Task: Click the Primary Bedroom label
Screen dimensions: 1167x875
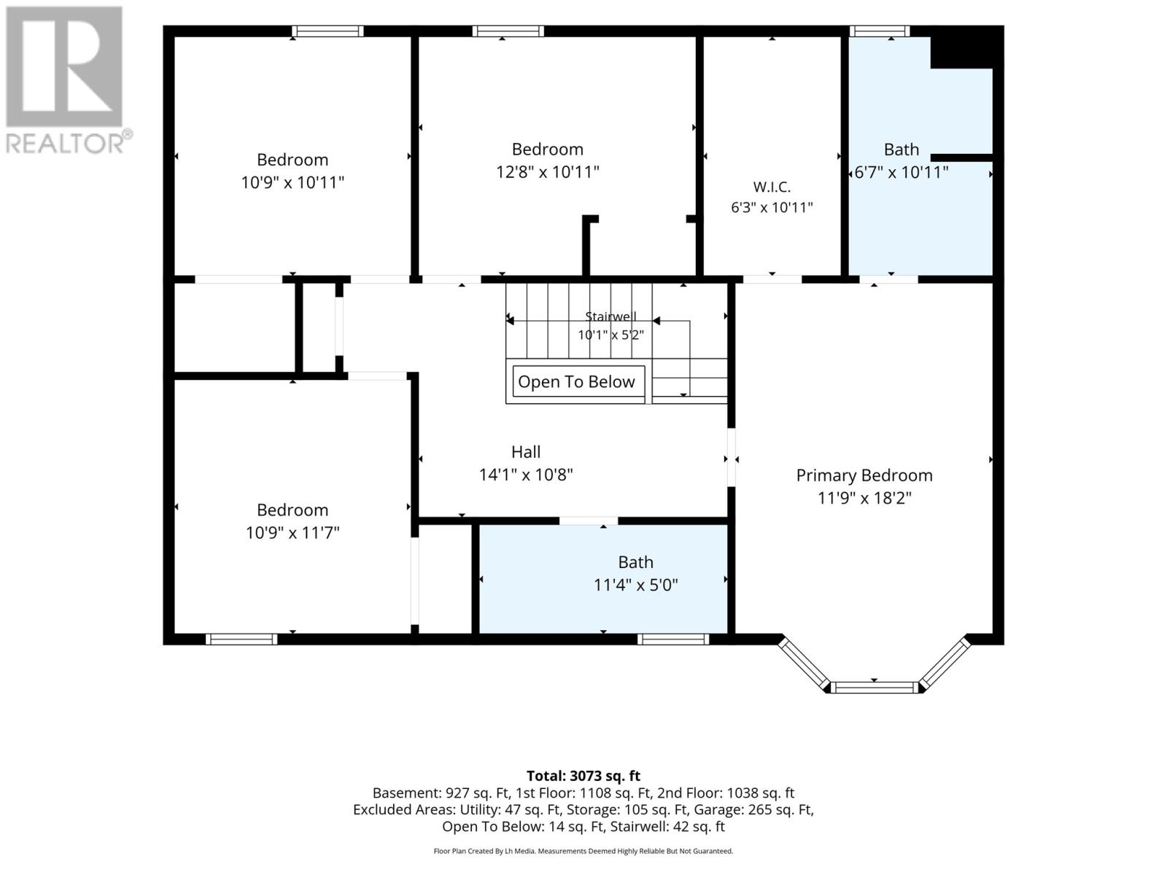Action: tap(864, 475)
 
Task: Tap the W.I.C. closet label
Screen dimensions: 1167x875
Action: tap(772, 187)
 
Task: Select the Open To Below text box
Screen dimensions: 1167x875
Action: tap(578, 381)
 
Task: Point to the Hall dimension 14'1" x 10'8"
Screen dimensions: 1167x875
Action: tap(526, 475)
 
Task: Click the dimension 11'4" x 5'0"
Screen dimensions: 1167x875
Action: tap(635, 585)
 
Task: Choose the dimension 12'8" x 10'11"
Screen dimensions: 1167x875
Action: tap(547, 172)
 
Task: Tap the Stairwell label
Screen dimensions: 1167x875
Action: tap(610, 316)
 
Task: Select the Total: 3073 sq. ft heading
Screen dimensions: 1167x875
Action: tap(583, 776)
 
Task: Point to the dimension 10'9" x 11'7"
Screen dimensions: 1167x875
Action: tap(292, 532)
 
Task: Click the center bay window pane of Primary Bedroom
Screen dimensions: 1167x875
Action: tap(874, 688)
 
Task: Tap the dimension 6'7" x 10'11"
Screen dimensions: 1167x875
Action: tap(902, 172)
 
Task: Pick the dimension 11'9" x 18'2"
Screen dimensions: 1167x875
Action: tap(864, 498)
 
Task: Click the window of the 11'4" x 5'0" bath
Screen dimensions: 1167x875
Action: tap(672, 639)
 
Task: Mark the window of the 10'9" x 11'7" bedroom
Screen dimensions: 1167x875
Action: tap(241, 639)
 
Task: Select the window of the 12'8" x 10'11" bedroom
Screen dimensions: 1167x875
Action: tap(508, 31)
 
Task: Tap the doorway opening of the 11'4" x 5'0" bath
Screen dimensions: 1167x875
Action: tap(588, 521)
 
